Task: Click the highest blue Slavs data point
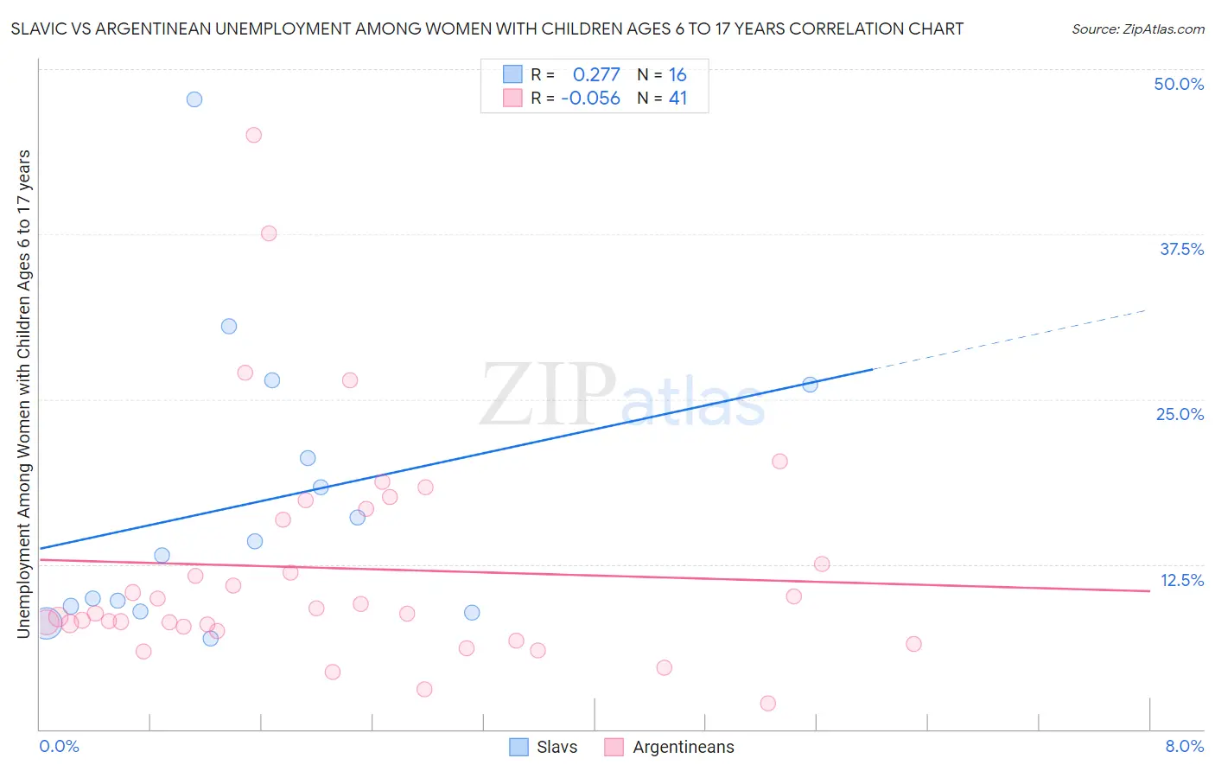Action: click(x=194, y=99)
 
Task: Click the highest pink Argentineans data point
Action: click(x=253, y=135)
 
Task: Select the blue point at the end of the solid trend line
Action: click(x=810, y=385)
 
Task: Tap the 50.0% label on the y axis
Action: click(x=1179, y=84)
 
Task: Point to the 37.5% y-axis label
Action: click(x=1181, y=249)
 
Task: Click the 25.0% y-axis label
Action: click(x=1180, y=414)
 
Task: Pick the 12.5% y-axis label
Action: click(x=1181, y=580)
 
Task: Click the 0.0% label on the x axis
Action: click(x=59, y=746)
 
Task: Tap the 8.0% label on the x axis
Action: click(x=1184, y=746)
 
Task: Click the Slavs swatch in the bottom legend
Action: click(x=518, y=747)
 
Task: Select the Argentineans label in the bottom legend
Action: click(x=683, y=747)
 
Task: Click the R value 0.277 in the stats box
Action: click(x=596, y=75)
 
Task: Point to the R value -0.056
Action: click(x=590, y=99)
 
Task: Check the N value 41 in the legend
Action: click(x=677, y=99)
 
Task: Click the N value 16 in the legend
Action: click(x=677, y=75)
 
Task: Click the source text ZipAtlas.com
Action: click(x=1137, y=29)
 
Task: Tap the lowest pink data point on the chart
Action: click(x=767, y=704)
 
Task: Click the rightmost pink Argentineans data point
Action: click(x=913, y=644)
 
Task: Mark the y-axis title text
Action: click(x=23, y=393)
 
